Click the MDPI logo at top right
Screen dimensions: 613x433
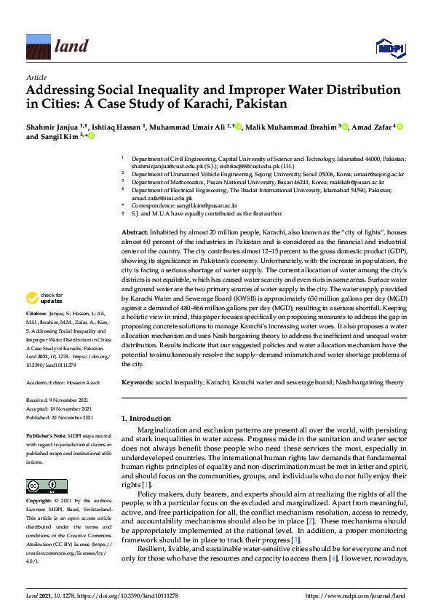(389, 48)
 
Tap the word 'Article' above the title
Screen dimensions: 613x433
(36, 76)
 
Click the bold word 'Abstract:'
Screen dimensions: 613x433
(135, 230)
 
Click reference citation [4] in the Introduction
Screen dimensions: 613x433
(331, 558)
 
